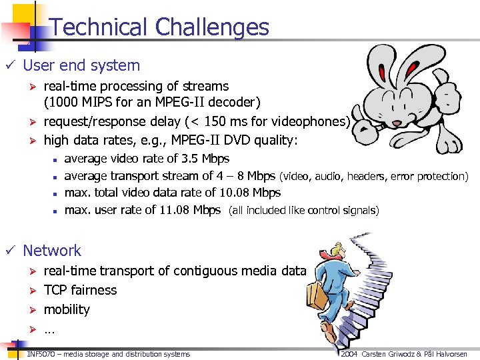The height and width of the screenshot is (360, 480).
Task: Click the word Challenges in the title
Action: click(211, 27)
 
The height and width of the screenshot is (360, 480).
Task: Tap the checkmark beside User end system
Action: click(9, 65)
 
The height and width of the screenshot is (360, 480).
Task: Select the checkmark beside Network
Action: click(9, 251)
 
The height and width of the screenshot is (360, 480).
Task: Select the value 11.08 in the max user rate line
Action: click(176, 210)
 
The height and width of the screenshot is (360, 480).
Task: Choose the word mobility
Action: click(67, 309)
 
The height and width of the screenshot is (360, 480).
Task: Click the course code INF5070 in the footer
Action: click(42, 354)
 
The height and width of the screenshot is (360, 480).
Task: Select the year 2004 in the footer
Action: click(350, 354)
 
